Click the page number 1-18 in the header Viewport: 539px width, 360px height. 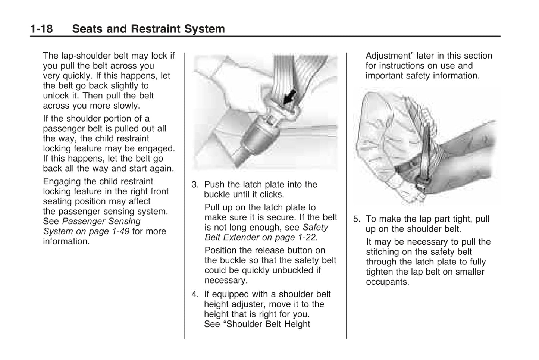pos(41,29)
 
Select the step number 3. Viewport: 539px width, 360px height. pos(195,184)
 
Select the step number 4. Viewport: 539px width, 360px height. pos(195,294)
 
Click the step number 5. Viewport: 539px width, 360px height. pos(357,219)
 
